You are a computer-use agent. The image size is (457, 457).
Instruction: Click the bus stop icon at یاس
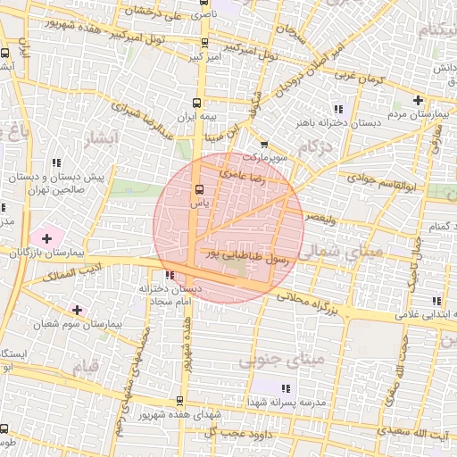point(198,189)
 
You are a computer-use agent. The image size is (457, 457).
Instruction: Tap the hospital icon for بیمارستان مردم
point(419,99)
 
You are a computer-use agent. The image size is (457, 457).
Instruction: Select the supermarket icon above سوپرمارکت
point(264,144)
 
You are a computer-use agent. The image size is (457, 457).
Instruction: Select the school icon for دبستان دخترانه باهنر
point(337,109)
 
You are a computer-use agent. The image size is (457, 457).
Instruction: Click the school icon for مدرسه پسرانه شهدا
point(286,388)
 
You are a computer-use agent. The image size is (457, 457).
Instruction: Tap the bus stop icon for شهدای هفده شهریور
point(180,400)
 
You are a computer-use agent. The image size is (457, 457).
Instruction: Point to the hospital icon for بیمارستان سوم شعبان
point(79,310)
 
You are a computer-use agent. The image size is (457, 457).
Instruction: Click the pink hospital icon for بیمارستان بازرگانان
point(46,238)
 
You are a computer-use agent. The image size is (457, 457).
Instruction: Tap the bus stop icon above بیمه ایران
point(198,102)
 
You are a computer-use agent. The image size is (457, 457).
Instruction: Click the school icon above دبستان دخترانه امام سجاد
point(170,274)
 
